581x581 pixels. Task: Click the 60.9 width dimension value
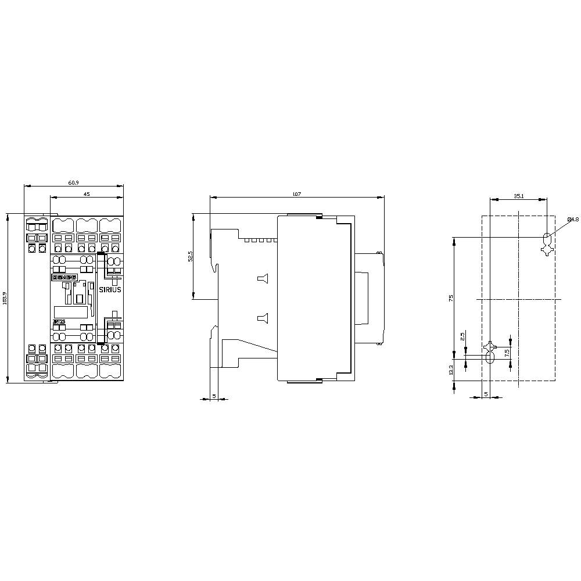pyautogui.click(x=74, y=183)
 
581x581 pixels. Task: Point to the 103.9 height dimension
pyautogui.click(x=5, y=297)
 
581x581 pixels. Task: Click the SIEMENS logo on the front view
pyautogui.click(x=64, y=278)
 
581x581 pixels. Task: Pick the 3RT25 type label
pyautogui.click(x=59, y=321)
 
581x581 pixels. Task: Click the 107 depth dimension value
pyautogui.click(x=297, y=194)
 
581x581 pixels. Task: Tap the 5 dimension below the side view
pyautogui.click(x=214, y=396)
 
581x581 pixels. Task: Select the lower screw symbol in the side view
pyautogui.click(x=263, y=317)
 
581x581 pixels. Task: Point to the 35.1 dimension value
pyautogui.click(x=519, y=196)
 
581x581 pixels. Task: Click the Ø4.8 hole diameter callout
pyautogui.click(x=573, y=219)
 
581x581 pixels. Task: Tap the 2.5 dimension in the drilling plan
pyautogui.click(x=463, y=336)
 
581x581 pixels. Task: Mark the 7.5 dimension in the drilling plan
pyautogui.click(x=507, y=352)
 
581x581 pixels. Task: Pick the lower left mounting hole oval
pyautogui.click(x=490, y=358)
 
